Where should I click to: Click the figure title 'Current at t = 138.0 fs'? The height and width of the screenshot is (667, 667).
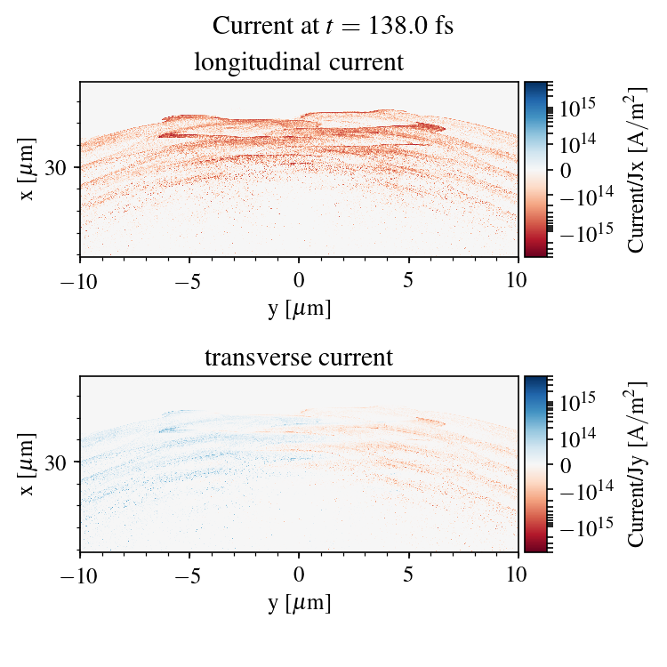[x=333, y=25]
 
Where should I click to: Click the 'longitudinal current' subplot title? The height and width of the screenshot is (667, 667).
[x=299, y=63]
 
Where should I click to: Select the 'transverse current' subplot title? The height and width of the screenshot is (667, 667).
[x=299, y=358]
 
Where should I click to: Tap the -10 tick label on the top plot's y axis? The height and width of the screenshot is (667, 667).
[x=80, y=279]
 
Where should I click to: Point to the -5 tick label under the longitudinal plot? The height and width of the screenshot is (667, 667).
[x=189, y=279]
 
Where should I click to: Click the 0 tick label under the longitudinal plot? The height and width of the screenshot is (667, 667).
[x=299, y=279]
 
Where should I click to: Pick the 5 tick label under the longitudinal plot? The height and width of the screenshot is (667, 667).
[x=408, y=279]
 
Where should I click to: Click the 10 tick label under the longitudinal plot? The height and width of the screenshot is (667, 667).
[x=518, y=279]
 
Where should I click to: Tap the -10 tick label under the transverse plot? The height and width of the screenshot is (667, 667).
[x=80, y=575]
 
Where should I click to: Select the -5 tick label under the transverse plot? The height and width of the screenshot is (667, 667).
[x=189, y=575]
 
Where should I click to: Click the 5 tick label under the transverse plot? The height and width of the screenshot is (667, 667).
[x=408, y=575]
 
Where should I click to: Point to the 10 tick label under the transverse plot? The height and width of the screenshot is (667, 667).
[x=518, y=575]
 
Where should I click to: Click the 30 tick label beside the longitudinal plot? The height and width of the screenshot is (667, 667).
[x=60, y=167]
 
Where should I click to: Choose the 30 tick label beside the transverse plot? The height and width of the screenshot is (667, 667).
[x=60, y=462]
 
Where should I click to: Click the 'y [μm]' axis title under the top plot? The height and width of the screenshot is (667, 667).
[x=299, y=308]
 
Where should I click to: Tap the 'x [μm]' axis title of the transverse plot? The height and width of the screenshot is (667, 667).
[x=28, y=462]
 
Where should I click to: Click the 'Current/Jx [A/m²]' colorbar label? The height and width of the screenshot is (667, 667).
[x=637, y=169]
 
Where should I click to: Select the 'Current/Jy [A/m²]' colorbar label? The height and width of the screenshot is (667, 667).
[x=637, y=464]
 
